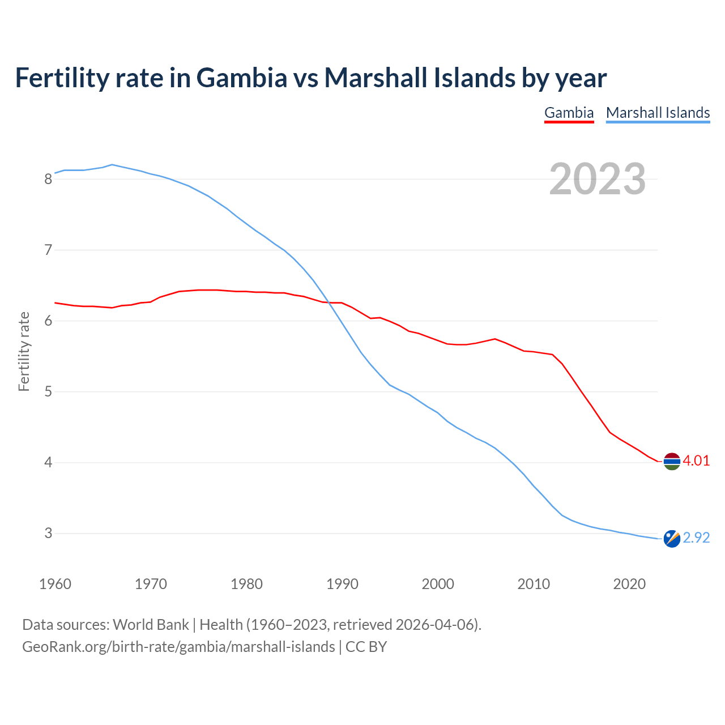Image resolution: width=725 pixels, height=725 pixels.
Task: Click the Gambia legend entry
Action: click(x=569, y=113)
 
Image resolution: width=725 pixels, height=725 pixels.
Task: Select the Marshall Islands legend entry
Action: click(x=658, y=113)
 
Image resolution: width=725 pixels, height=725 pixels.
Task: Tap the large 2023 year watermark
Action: click(x=598, y=179)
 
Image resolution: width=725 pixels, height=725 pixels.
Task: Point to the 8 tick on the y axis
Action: click(x=48, y=180)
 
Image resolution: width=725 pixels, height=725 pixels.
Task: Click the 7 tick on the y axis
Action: click(x=48, y=250)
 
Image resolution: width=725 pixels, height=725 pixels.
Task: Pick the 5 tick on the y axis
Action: click(x=48, y=392)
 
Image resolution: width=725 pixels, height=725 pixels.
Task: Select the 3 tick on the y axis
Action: click(x=48, y=534)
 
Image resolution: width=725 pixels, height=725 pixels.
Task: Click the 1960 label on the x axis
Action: click(x=55, y=584)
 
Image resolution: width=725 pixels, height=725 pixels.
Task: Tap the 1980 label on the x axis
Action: click(x=246, y=584)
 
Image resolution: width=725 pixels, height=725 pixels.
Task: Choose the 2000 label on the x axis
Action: click(x=438, y=584)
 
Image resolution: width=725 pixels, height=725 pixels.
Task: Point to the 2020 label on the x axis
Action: click(x=629, y=584)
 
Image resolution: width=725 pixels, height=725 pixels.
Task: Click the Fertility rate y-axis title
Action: click(x=24, y=351)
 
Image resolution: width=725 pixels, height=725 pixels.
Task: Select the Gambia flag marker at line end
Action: click(x=672, y=462)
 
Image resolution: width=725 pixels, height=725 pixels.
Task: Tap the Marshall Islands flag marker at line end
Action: click(x=672, y=539)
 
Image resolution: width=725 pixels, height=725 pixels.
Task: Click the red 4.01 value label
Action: click(x=696, y=460)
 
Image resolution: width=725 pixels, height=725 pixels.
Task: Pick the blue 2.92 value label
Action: click(x=696, y=538)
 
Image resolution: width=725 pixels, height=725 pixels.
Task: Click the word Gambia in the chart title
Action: click(x=242, y=78)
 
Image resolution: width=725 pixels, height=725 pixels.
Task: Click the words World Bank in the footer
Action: click(x=151, y=625)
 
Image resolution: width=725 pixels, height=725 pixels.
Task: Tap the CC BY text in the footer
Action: click(x=366, y=647)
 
